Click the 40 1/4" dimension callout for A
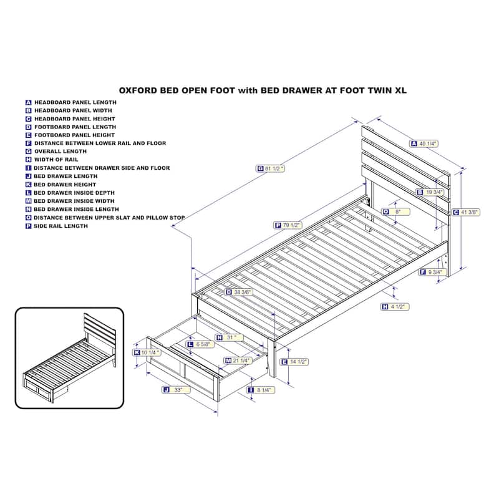pos(424,144)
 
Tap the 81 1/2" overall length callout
pos(271,168)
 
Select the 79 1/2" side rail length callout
pos(288,225)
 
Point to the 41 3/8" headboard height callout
pos(466,212)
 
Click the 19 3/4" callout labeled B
pos(430,192)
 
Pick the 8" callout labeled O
pos(396,212)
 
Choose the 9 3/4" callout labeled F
pos(432,272)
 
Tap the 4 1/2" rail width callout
pos(395,307)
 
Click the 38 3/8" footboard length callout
pos(239,292)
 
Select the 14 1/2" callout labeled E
pos(294,362)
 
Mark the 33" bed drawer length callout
pos(177,390)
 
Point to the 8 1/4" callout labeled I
pos(261,390)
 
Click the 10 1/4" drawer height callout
pos(147,352)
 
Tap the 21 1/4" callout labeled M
pos(238,361)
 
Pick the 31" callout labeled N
pos(230,337)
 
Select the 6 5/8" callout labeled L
pos(200,344)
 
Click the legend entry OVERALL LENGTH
pos(56,152)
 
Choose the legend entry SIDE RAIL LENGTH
pos(57,226)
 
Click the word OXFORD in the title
pos(138,90)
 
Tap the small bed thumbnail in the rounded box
pos(69,358)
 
